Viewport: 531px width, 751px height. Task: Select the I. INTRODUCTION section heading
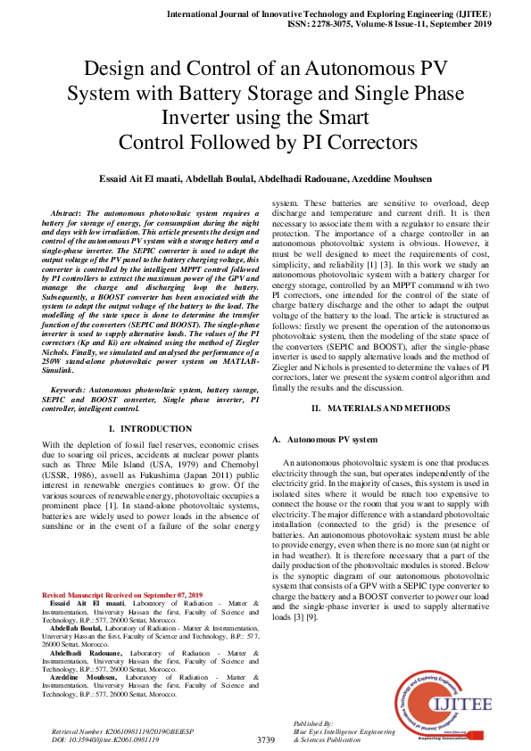tap(149, 429)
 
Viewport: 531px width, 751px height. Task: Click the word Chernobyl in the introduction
tap(237, 465)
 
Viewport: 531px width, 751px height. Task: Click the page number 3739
tap(265, 740)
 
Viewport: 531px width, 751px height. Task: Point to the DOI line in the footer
tap(106, 739)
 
